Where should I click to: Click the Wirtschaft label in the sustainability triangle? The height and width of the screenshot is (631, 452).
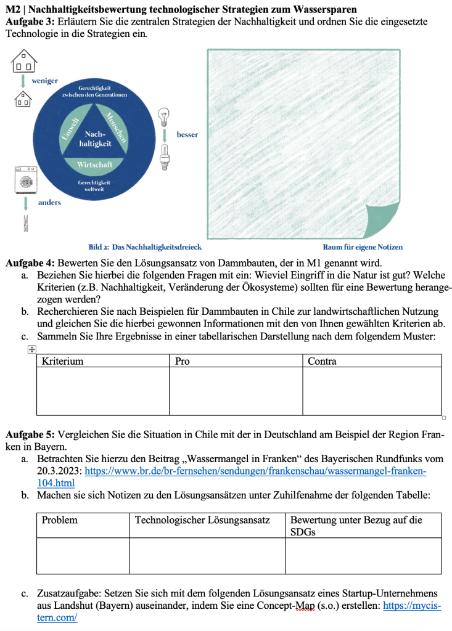(94, 165)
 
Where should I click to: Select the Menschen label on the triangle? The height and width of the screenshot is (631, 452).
(116, 126)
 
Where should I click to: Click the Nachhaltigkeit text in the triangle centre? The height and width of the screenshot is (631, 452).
(94, 139)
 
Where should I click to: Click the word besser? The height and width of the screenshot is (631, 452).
(187, 134)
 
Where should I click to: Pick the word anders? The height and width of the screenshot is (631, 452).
(50, 202)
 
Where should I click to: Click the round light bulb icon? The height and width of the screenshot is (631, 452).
(164, 115)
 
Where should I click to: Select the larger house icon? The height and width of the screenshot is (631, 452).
(25, 60)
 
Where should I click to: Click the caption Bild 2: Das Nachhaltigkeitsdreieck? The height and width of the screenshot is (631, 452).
(145, 247)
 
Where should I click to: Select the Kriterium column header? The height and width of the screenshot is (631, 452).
(63, 361)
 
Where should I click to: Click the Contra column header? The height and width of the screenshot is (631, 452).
(321, 361)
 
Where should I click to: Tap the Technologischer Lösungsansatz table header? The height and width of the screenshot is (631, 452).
(202, 520)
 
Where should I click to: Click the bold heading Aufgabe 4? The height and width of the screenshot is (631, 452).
(30, 263)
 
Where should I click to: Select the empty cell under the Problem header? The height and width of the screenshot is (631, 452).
(83, 555)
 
